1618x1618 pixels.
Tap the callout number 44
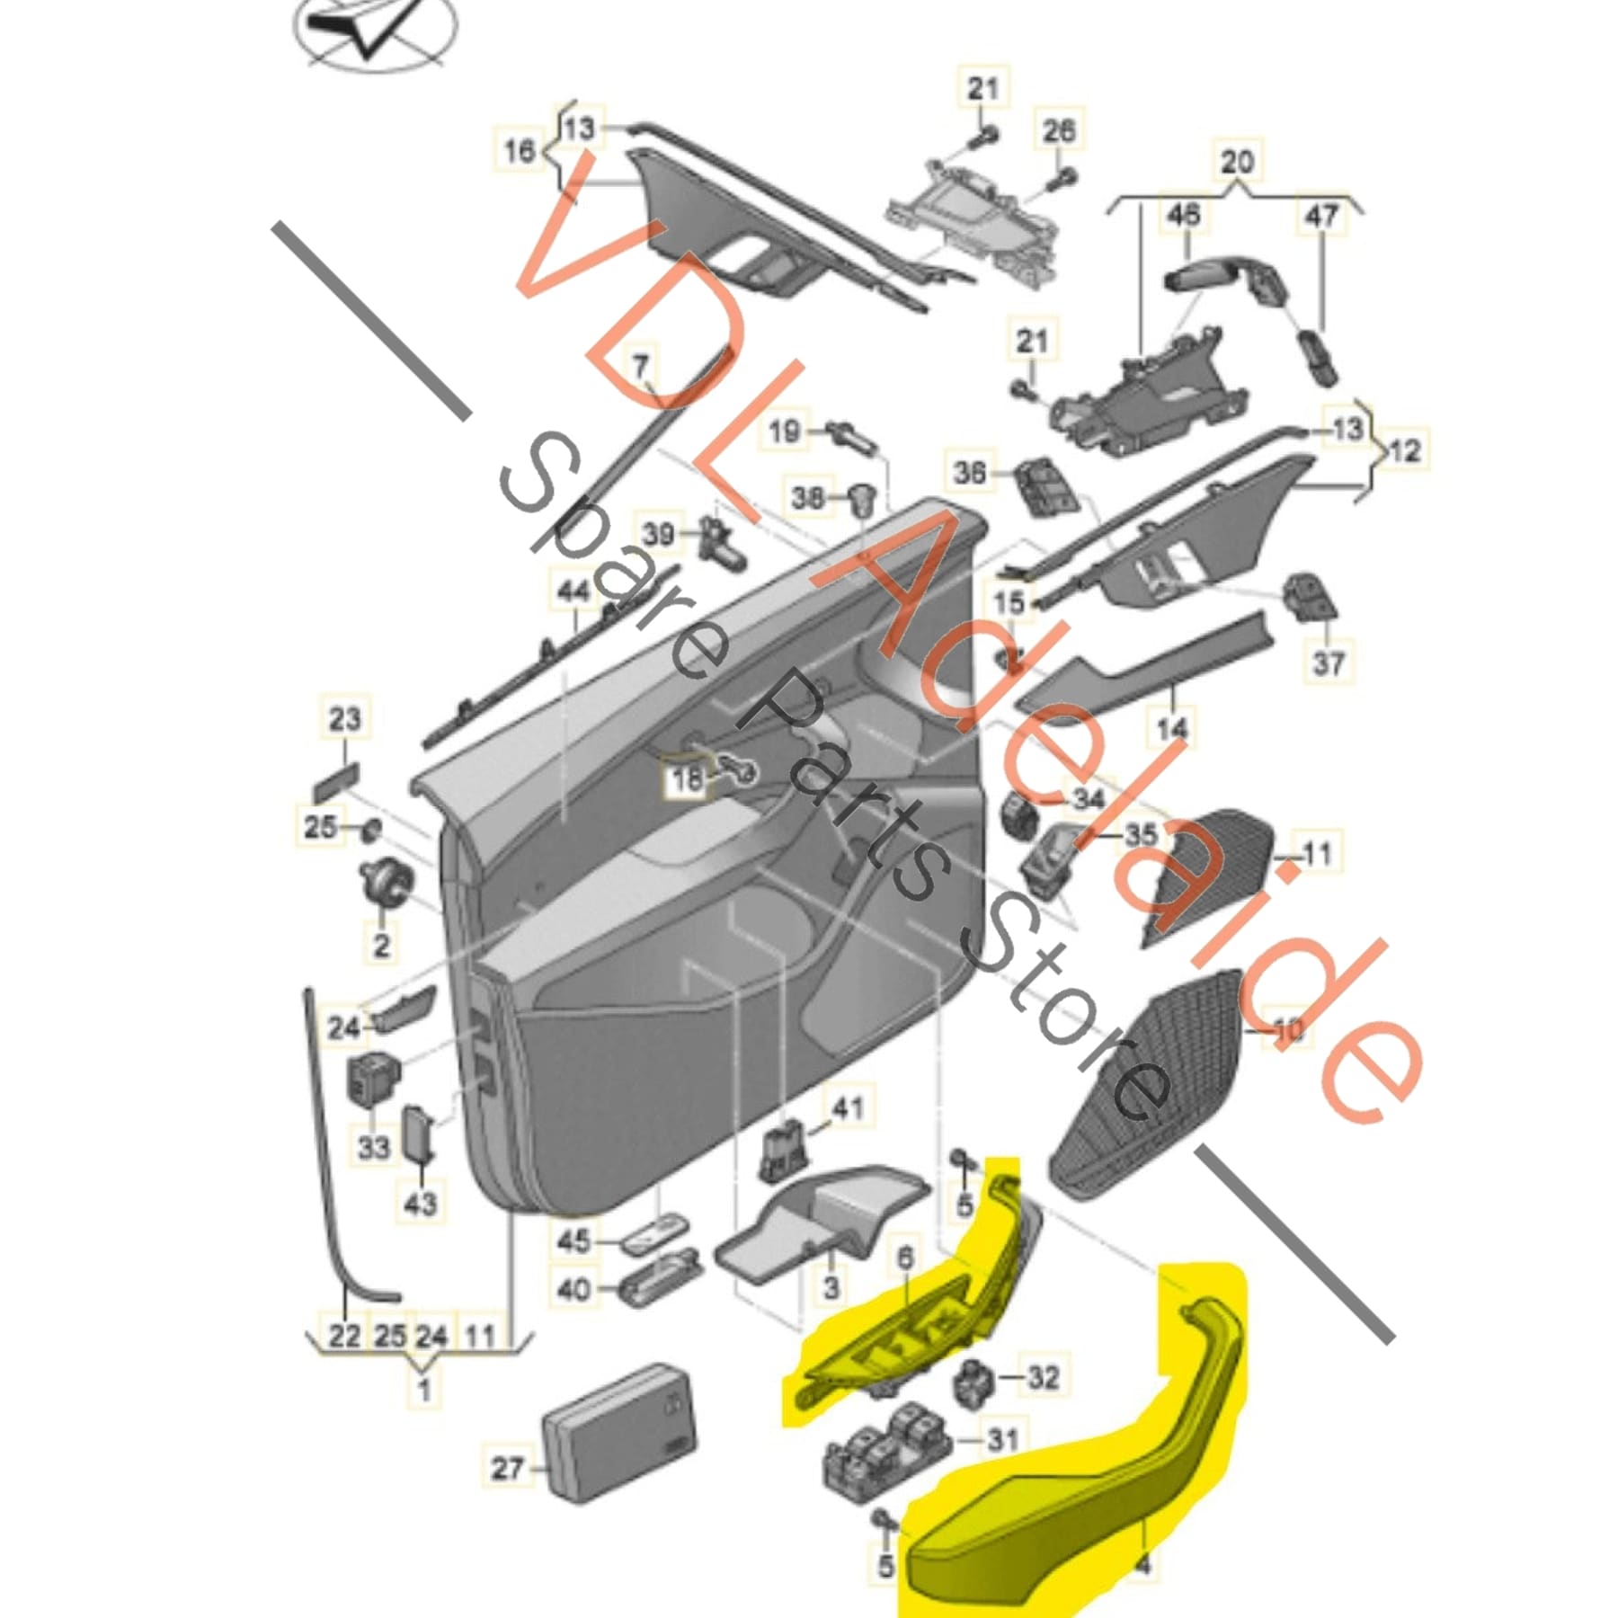pos(574,591)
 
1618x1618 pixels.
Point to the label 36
pos(970,472)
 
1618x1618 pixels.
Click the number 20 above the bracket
pos(1237,163)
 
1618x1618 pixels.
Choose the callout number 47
pos(1320,217)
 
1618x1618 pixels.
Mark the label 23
pos(344,719)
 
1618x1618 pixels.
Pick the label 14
pos(1172,727)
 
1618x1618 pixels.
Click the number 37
pos(1329,663)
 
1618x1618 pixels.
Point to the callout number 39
pos(658,535)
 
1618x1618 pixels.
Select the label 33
pos(374,1147)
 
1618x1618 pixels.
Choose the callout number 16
pos(519,150)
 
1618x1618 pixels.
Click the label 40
pos(573,1291)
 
